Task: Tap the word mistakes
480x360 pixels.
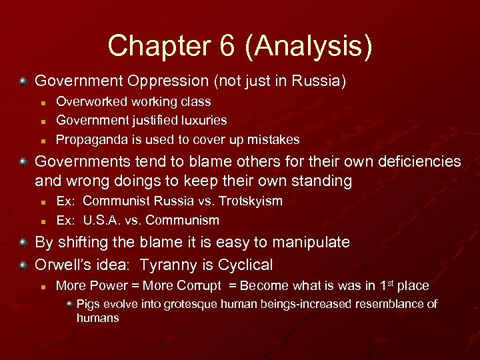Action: click(273, 140)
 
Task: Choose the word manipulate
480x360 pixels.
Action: click(309, 243)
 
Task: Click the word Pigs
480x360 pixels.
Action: click(89, 305)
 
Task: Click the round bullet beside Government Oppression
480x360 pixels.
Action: click(23, 81)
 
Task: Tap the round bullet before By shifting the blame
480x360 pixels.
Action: click(23, 242)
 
